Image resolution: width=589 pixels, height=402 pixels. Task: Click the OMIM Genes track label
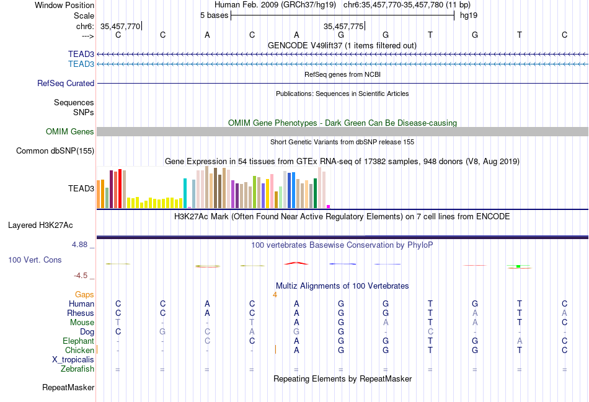click(x=69, y=131)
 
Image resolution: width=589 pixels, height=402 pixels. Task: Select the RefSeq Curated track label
click(x=66, y=83)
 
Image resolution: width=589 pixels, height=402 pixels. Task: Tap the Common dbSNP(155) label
click(x=55, y=151)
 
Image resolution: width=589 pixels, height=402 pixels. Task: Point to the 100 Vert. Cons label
click(x=35, y=260)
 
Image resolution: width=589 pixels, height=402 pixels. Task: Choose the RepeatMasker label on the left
click(x=68, y=388)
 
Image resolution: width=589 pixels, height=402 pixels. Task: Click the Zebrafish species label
click(x=77, y=369)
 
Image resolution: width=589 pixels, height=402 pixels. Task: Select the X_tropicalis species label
click(x=73, y=359)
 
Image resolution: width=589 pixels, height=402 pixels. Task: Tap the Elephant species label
click(x=78, y=341)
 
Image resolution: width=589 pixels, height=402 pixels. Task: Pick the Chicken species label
click(x=79, y=350)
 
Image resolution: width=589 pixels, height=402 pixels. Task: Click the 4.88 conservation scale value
click(x=80, y=245)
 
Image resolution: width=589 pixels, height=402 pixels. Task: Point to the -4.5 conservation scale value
click(x=81, y=276)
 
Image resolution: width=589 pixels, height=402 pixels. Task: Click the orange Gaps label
click(x=84, y=294)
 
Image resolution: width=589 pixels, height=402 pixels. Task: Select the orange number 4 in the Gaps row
click(x=275, y=294)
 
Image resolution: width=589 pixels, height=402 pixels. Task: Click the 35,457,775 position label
click(x=343, y=26)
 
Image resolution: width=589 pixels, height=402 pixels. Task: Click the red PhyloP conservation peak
click(x=296, y=263)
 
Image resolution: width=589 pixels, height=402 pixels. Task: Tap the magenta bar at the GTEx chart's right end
click(x=328, y=206)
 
